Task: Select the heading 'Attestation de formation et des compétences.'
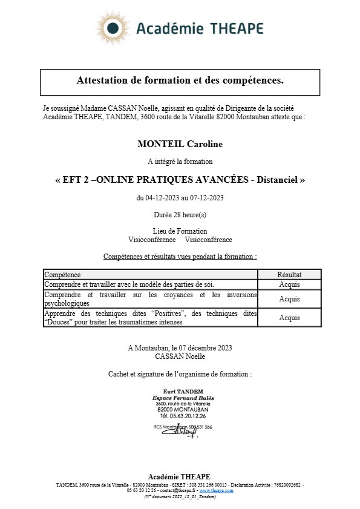(180, 80)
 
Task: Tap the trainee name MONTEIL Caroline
(180, 144)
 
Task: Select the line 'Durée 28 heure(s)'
(180, 214)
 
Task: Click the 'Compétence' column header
(63, 274)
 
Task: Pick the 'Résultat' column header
(289, 274)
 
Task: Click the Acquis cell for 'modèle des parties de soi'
(289, 284)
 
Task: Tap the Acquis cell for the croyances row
(289, 299)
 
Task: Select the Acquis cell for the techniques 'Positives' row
(289, 318)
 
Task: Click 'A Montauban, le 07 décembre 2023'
(180, 347)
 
